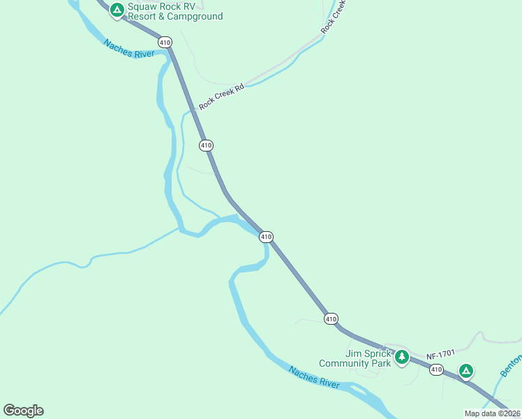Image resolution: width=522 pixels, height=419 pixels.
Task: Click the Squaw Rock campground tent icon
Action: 117,10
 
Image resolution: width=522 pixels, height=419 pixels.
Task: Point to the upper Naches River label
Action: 129,49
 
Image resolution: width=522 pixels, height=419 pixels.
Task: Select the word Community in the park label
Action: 348,363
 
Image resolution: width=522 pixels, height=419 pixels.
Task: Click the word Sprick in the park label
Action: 377,353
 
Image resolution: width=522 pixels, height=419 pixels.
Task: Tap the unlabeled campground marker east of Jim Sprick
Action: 465,371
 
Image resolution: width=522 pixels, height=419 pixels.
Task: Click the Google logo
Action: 23,411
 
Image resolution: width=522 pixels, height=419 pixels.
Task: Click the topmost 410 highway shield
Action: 165,43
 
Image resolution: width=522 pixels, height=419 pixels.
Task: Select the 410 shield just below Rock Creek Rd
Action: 206,145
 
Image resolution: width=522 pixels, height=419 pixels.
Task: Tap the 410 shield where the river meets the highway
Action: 266,237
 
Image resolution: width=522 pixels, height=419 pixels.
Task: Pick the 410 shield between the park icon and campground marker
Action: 436,369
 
